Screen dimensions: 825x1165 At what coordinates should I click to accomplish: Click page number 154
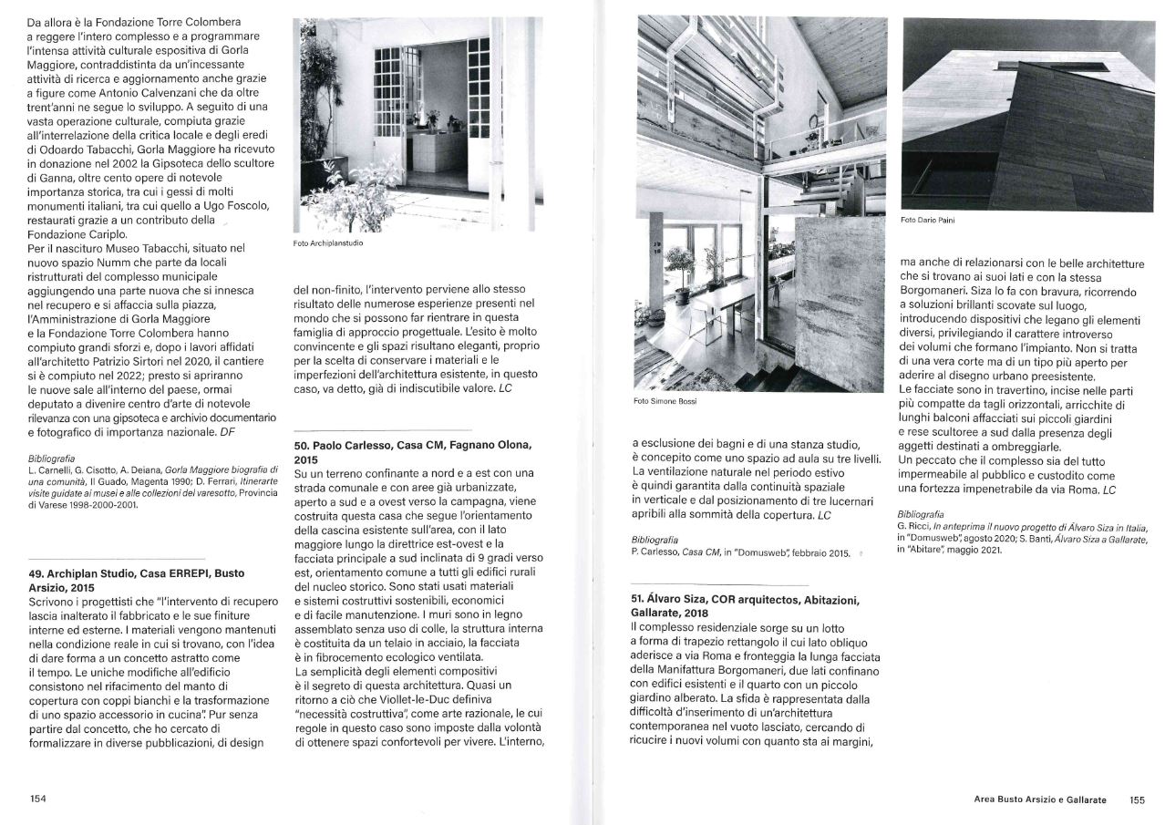point(38,799)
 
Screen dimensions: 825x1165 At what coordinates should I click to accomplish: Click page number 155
point(1137,799)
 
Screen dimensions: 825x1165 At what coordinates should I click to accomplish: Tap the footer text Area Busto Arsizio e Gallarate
point(1040,799)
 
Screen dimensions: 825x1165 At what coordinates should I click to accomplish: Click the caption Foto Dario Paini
point(927,220)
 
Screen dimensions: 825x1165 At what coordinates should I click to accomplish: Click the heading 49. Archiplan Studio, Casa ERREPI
point(137,580)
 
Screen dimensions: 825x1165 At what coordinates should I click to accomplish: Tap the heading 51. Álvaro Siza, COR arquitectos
point(745,606)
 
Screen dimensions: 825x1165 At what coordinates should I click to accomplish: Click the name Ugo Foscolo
point(234,206)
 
